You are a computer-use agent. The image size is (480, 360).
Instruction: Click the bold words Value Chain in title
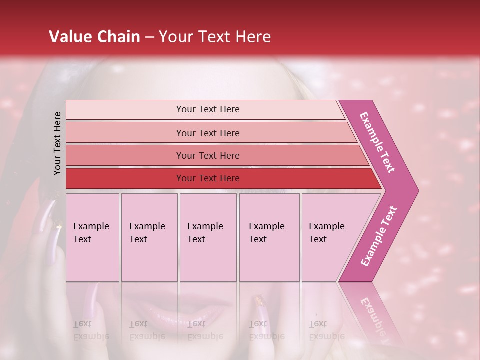(x=94, y=37)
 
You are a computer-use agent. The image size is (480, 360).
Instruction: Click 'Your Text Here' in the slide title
(x=215, y=37)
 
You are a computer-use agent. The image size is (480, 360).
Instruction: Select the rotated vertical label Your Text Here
(x=57, y=143)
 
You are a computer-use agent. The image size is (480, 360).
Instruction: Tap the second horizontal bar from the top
(x=207, y=133)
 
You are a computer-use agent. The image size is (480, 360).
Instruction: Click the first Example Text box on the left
(x=92, y=237)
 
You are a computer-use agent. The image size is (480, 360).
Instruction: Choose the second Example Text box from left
(x=149, y=237)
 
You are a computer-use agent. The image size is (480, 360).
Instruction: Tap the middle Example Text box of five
(x=208, y=237)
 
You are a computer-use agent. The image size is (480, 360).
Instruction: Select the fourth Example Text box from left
(x=269, y=237)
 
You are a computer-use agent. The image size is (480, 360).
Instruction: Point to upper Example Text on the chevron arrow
(x=377, y=142)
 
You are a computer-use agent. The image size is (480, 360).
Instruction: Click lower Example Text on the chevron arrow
(x=379, y=236)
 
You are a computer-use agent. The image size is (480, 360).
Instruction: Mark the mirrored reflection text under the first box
(x=91, y=330)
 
